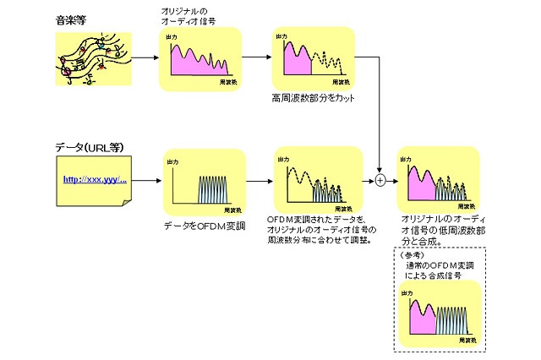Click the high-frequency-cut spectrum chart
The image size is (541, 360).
point(310,58)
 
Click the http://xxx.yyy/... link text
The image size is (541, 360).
point(95,180)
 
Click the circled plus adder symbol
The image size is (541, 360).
point(380,180)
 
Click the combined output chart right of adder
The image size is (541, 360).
point(437,179)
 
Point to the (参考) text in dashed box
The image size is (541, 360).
point(413,254)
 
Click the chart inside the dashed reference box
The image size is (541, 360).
point(438,315)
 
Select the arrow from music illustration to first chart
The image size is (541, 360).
point(145,58)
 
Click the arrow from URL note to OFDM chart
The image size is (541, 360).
point(148,181)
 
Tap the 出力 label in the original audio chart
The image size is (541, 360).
point(173,39)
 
